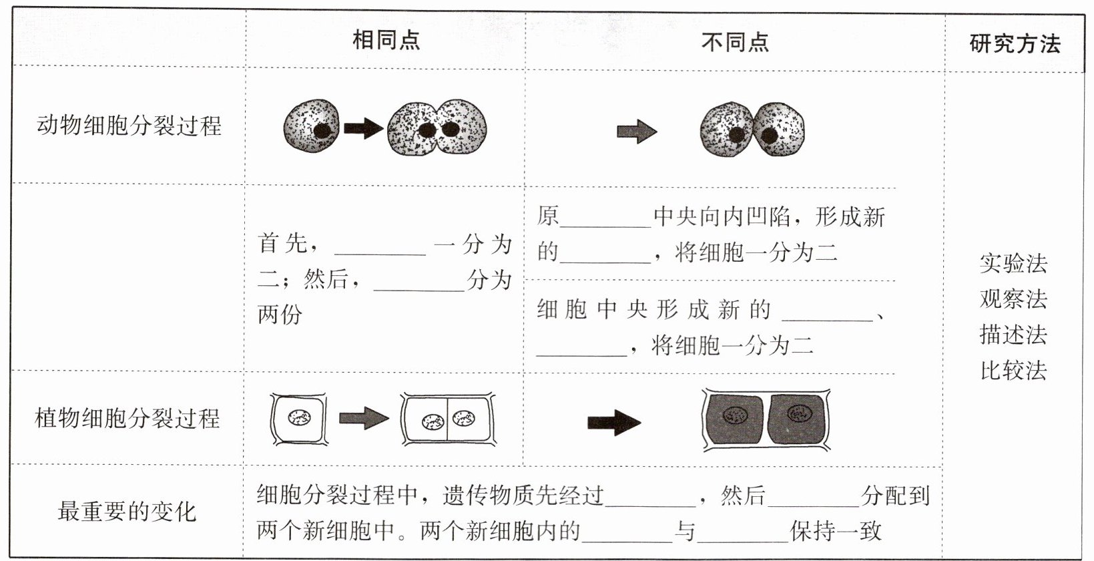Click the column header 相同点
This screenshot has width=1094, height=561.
386,40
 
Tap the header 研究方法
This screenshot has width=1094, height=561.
1015,44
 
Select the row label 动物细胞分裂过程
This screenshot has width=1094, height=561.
129,126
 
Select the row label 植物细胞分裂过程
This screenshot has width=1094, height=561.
127,419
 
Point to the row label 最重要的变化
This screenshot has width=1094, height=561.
127,512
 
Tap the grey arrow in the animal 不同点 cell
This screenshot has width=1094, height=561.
636,131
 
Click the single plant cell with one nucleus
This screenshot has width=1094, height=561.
298,419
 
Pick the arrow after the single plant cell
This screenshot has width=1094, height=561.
363,419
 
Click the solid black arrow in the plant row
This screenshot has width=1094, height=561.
613,422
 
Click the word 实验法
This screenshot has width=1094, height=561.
1013,263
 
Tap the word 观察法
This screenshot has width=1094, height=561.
1013,299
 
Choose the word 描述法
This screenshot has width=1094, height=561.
1013,334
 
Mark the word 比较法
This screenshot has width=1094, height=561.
1013,369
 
